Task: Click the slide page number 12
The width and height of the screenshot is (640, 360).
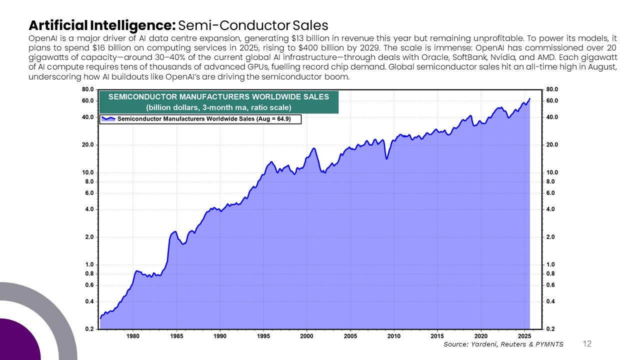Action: tap(587, 343)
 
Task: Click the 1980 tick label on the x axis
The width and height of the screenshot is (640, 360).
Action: tap(133, 336)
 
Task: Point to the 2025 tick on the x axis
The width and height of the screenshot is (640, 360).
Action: tap(525, 336)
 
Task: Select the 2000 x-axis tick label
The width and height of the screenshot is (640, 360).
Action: tap(307, 336)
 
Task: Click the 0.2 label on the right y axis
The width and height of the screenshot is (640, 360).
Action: tap(550, 329)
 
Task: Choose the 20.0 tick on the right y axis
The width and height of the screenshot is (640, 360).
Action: tap(551, 145)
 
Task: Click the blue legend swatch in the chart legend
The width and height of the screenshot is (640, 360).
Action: tap(108, 119)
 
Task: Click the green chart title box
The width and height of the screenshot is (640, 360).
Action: tap(218, 102)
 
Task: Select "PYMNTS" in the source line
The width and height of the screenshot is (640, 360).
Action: tap(549, 344)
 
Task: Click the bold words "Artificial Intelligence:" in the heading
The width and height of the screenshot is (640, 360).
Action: tap(102, 25)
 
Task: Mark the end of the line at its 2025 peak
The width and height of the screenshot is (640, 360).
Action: tap(529, 99)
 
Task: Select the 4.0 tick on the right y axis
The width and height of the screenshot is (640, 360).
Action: tap(550, 209)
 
